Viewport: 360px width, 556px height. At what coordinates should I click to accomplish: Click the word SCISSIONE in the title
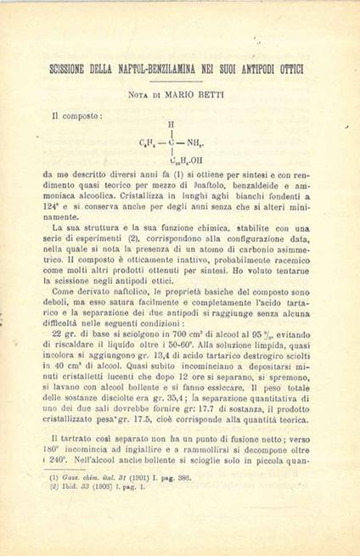tap(76, 67)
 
